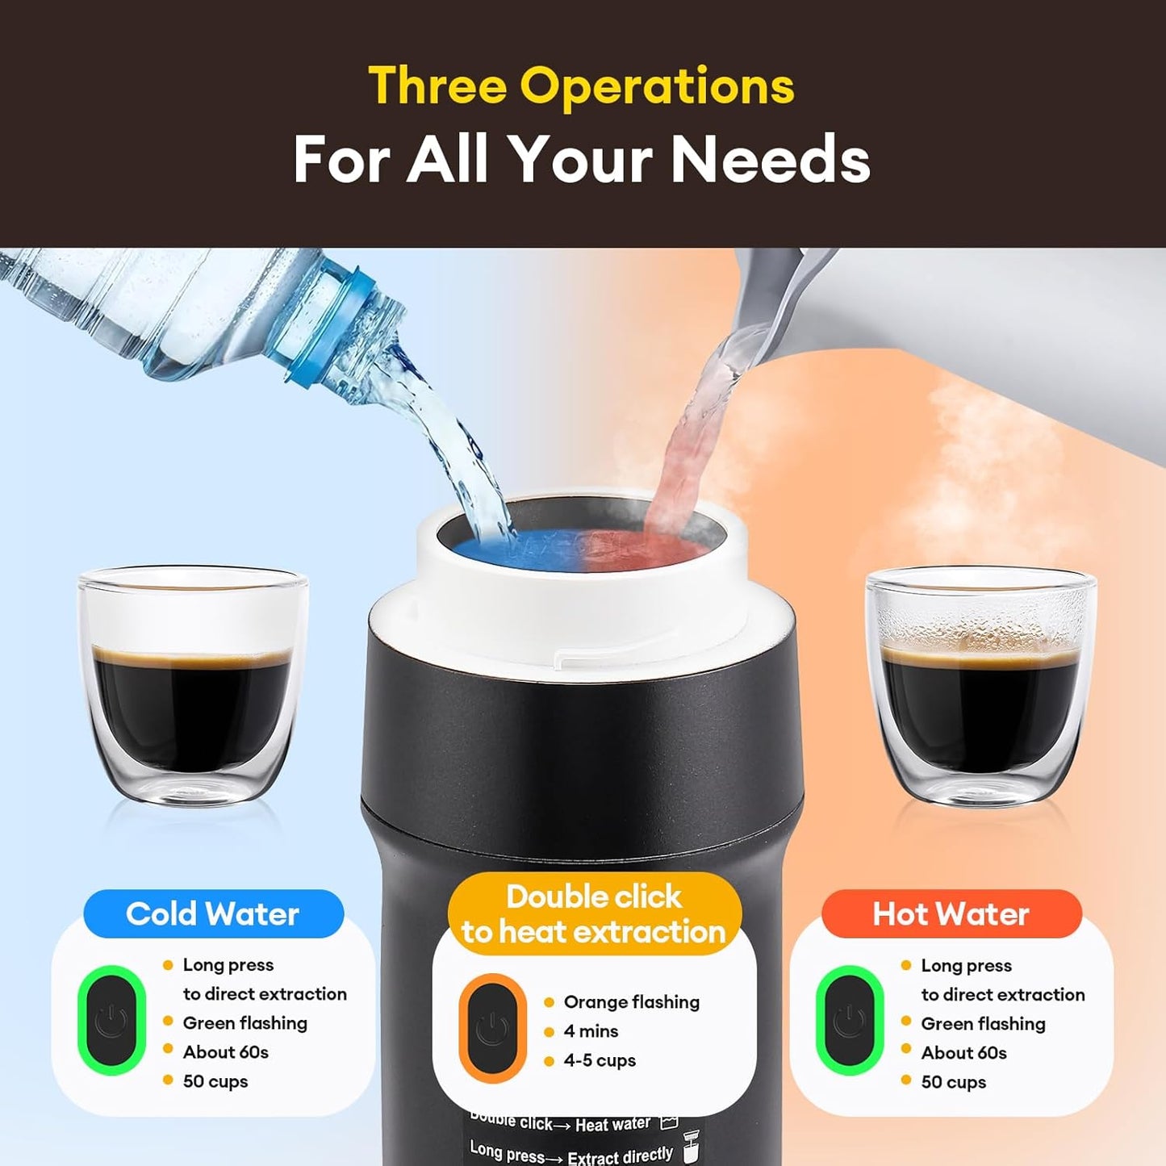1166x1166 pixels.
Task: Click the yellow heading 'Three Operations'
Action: tap(581, 86)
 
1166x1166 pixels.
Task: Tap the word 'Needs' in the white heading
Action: tap(771, 159)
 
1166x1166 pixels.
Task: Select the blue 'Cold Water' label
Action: tap(213, 914)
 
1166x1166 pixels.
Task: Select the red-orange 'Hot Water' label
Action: tap(951, 914)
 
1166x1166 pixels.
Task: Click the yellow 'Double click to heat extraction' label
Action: tap(594, 914)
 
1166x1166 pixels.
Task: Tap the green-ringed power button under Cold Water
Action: tap(111, 1021)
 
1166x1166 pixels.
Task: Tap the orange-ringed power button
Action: tap(492, 1029)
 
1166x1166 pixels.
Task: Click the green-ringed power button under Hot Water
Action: tap(849, 1021)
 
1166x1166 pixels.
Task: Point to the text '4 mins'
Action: tap(591, 1031)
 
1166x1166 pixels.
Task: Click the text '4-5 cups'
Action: tap(600, 1060)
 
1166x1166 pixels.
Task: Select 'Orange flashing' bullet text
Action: tap(631, 1002)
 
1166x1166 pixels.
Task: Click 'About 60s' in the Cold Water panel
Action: tap(225, 1052)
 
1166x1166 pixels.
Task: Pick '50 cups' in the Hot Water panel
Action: tap(953, 1082)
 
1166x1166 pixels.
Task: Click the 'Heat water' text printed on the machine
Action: tap(612, 1125)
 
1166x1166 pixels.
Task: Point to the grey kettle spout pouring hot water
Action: tap(775, 299)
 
